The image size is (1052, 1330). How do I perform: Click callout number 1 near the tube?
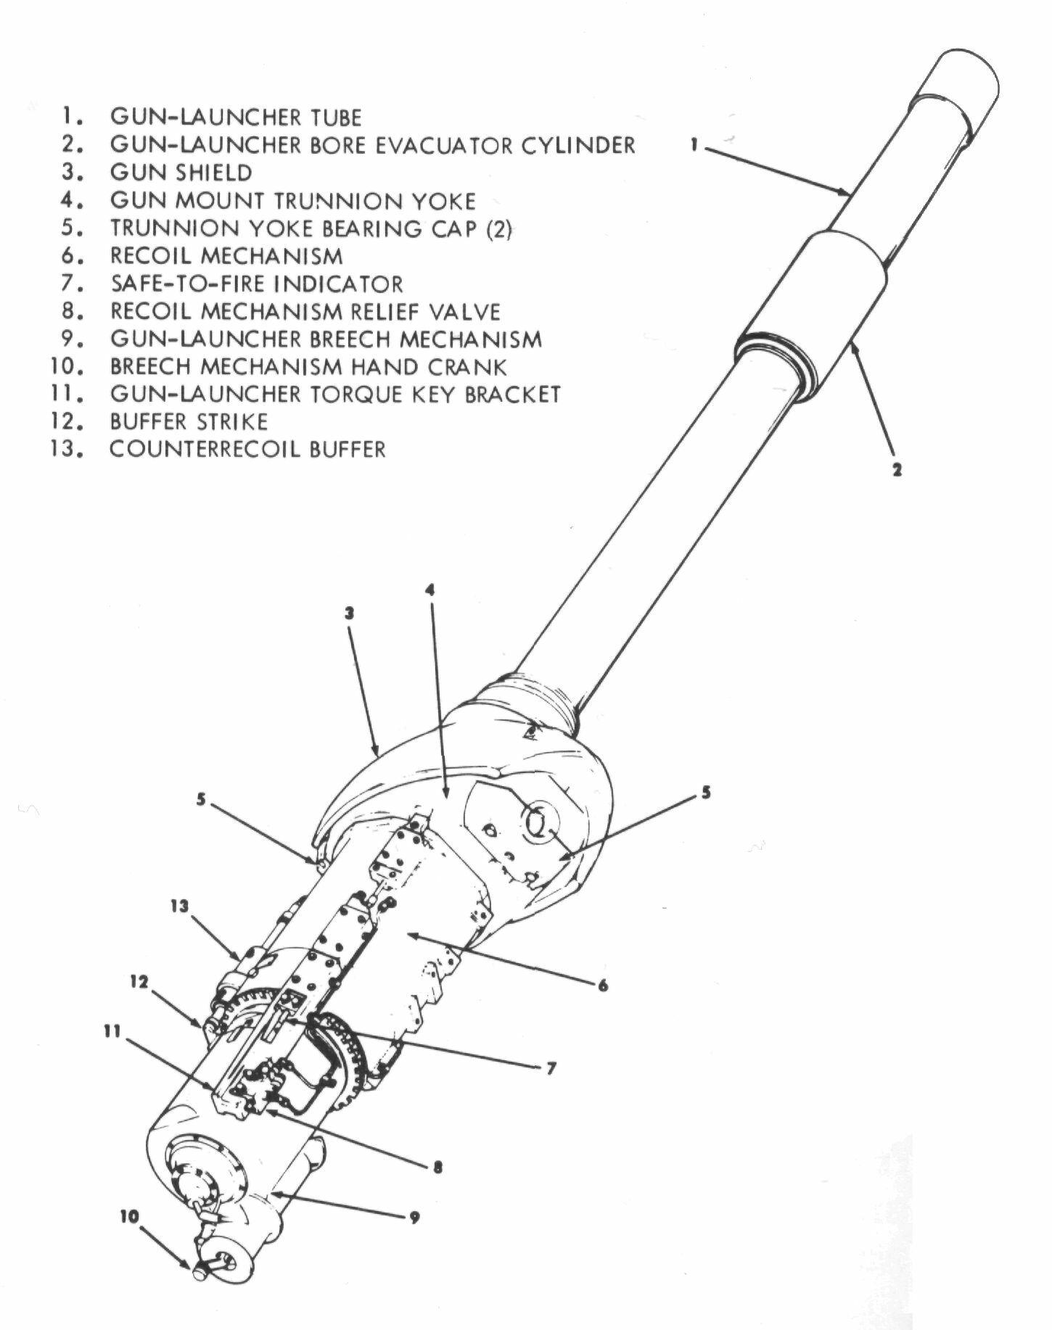pos(694,146)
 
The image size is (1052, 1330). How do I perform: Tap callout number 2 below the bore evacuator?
pos(897,470)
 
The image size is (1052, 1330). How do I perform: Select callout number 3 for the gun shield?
pos(349,614)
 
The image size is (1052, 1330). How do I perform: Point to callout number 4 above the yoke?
pos(430,590)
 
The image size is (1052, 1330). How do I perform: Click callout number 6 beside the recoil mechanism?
pos(603,986)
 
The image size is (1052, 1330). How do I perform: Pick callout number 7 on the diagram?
pos(551,1068)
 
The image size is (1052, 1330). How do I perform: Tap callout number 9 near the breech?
pos(414,1218)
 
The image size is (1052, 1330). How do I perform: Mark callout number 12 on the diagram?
pos(139,982)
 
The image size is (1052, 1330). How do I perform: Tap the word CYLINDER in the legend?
pos(578,144)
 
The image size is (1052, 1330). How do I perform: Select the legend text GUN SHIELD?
pos(181,173)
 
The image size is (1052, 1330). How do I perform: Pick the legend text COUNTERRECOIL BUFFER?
pos(247,449)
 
